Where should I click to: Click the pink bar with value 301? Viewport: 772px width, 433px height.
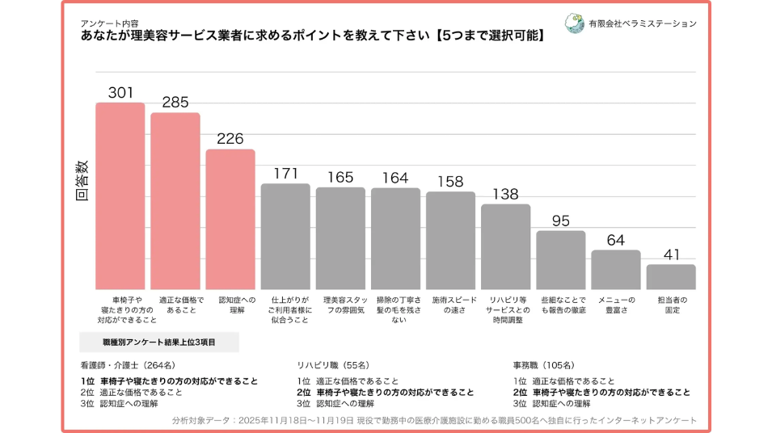click(120, 195)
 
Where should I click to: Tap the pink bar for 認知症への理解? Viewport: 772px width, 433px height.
click(230, 219)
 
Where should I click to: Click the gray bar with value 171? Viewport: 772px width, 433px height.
click(285, 236)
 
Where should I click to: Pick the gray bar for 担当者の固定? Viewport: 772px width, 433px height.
click(670, 276)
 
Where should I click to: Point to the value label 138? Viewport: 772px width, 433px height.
click(505, 194)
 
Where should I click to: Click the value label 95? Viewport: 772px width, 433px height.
click(560, 221)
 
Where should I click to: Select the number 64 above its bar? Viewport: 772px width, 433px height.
click(615, 240)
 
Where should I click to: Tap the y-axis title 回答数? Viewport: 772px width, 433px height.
click(82, 180)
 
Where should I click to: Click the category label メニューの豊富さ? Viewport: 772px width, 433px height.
click(616, 305)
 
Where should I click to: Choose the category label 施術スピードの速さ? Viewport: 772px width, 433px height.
click(450, 305)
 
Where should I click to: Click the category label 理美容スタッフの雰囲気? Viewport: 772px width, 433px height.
click(340, 305)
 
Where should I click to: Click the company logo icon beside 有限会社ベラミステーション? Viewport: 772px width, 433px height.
click(575, 23)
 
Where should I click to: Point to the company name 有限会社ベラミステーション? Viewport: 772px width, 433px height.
click(643, 24)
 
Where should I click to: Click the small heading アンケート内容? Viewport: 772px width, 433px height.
click(109, 23)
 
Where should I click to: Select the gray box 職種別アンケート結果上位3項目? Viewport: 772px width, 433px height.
click(159, 343)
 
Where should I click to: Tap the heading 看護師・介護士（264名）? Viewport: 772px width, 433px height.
click(127, 364)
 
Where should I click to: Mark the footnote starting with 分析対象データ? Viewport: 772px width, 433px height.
click(434, 420)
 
